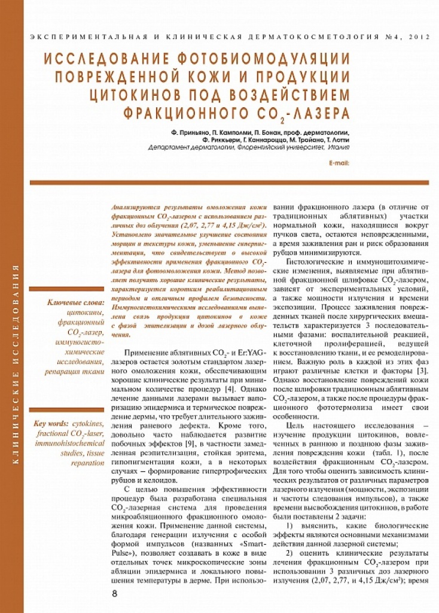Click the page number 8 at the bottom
coord(115,593)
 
